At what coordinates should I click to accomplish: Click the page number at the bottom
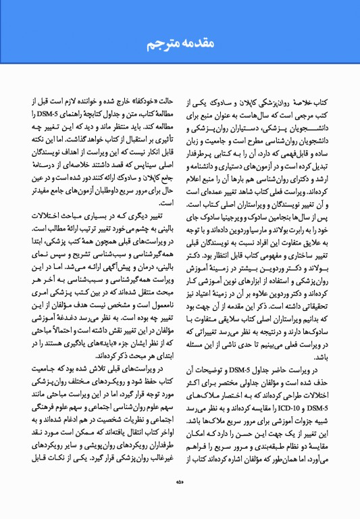point(180,482)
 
